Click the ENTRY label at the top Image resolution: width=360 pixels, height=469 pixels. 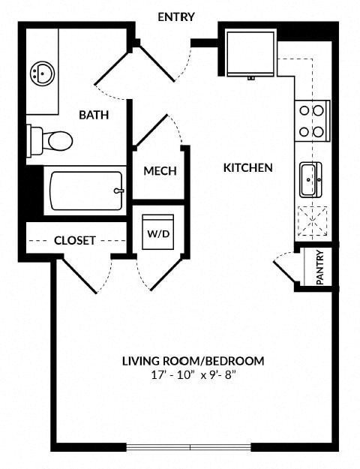tap(176, 17)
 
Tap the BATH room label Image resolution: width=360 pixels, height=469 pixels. tap(94, 115)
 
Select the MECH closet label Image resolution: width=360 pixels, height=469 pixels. tap(160, 171)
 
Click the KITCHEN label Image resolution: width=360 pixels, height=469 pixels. tap(247, 167)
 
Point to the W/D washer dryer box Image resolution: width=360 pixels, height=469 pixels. tap(159, 232)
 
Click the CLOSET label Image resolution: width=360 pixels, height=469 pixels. tap(75, 241)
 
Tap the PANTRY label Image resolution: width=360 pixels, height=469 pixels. tap(319, 267)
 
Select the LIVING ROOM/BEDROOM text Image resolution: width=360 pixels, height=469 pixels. tap(193, 361)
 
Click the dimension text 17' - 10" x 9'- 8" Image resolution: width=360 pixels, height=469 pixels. tap(193, 374)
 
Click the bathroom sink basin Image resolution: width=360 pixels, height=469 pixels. tap(41, 74)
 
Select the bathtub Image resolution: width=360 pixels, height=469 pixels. tap(84, 191)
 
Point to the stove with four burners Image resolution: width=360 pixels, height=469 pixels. tap(312, 121)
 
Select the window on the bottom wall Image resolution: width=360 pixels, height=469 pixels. tap(190, 448)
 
